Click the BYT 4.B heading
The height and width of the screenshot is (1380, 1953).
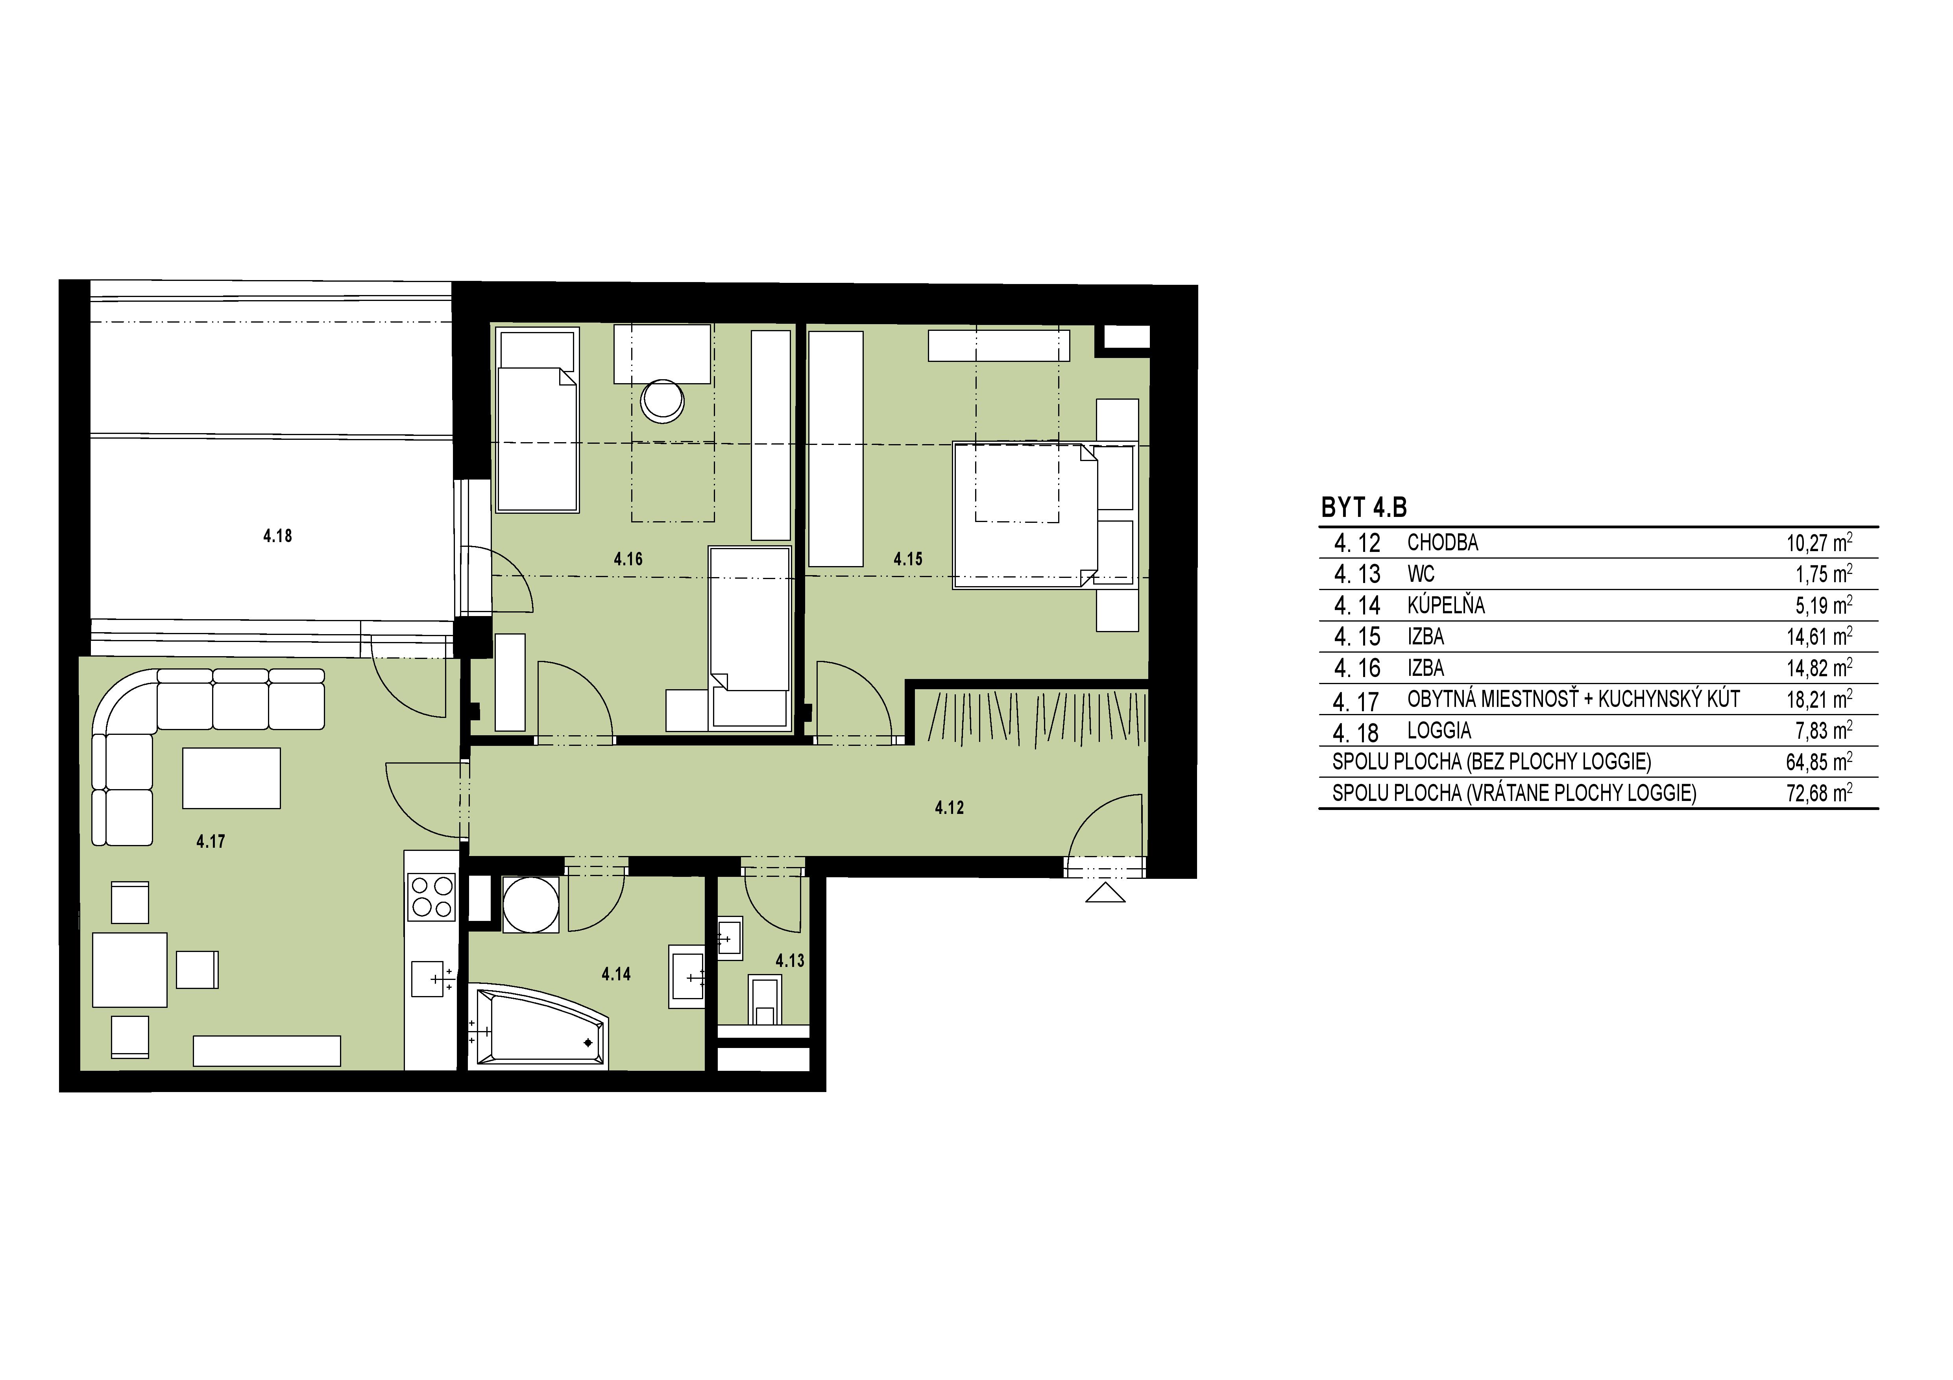pos(1364,507)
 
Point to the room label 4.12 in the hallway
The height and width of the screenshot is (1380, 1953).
pos(949,808)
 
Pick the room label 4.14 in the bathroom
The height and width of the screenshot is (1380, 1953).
pos(616,974)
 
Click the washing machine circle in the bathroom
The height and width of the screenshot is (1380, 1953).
pos(531,905)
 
